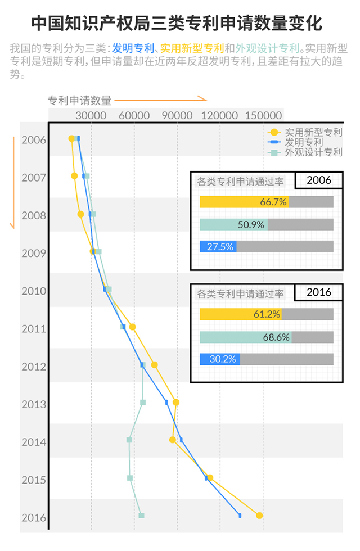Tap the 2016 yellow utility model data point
(x=259, y=516)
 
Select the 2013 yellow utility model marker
(x=176, y=402)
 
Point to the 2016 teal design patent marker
(x=141, y=516)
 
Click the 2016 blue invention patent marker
(x=240, y=516)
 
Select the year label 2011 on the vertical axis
(x=34, y=328)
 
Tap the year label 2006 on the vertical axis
(x=34, y=140)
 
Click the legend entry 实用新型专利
(x=313, y=132)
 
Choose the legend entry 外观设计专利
(x=313, y=152)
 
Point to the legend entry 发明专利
(x=303, y=142)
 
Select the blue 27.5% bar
(x=218, y=247)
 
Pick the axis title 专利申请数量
(x=80, y=101)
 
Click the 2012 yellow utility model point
(x=155, y=365)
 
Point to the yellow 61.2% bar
(x=241, y=314)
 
